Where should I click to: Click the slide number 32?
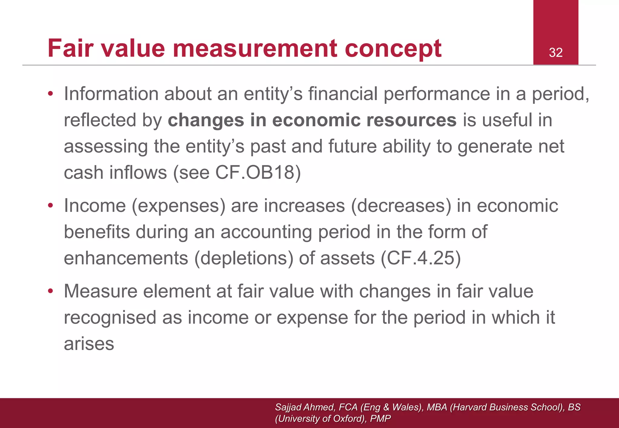[x=556, y=53]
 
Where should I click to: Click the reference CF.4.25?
[x=421, y=258]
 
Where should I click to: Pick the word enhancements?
[x=126, y=258]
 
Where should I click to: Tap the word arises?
[x=89, y=344]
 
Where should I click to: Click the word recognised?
[x=110, y=318]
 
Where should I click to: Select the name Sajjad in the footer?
[x=288, y=407]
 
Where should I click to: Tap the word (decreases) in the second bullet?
[x=401, y=206]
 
